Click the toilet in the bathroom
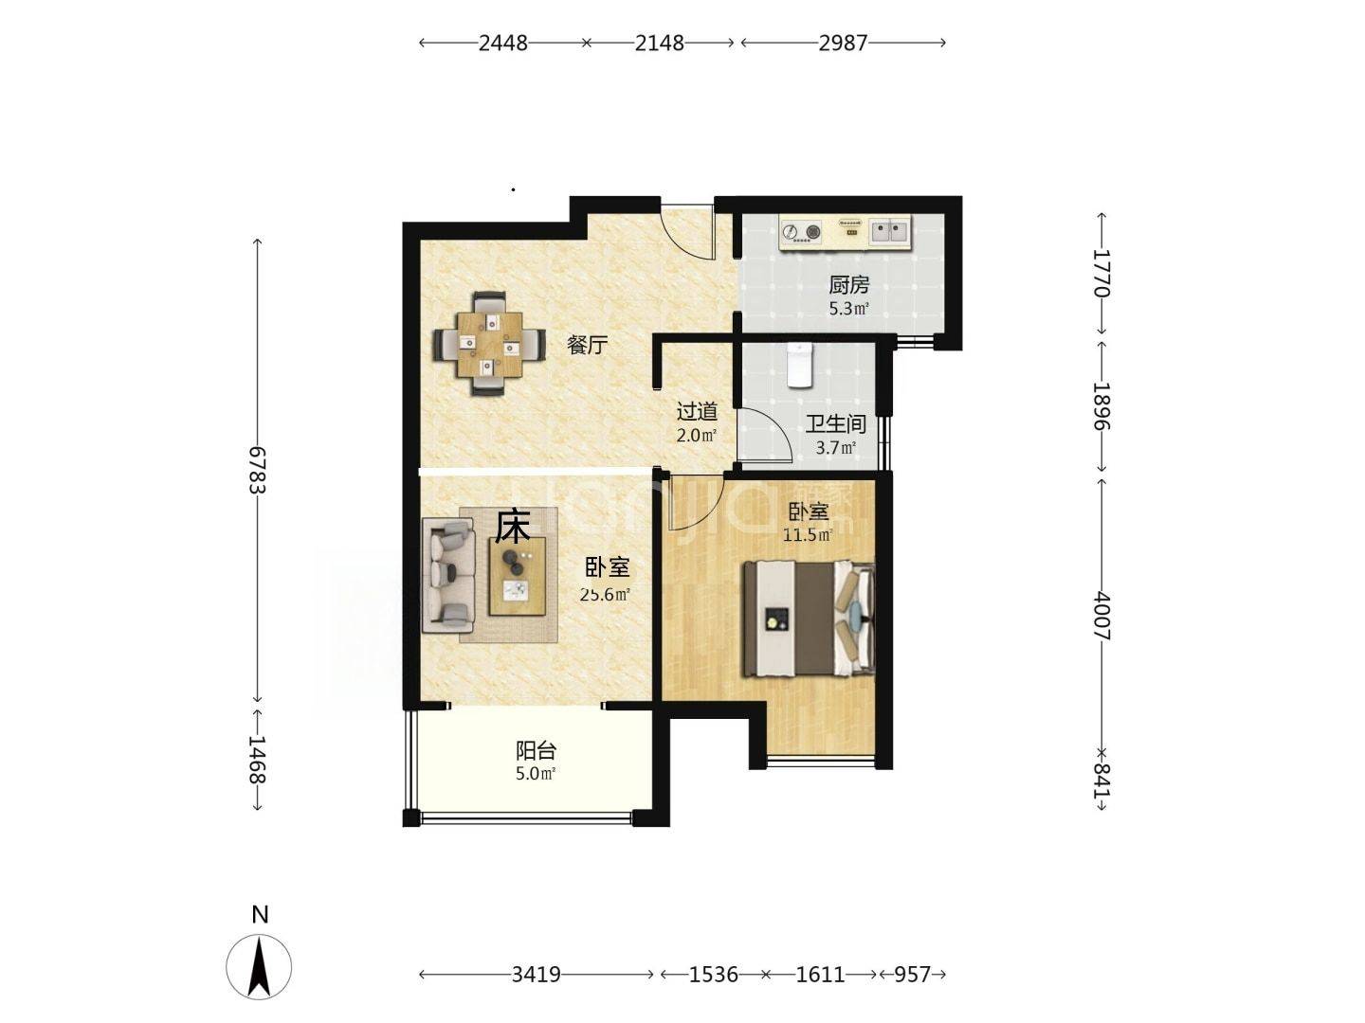pyautogui.click(x=798, y=367)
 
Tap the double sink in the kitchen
pyautogui.click(x=888, y=231)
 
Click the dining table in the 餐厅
pyautogui.click(x=489, y=344)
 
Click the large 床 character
pyautogui.click(x=513, y=526)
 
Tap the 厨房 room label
pyautogui.click(x=848, y=285)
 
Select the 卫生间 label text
pyautogui.click(x=836, y=424)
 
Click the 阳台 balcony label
pyautogui.click(x=536, y=751)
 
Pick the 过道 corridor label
pyautogui.click(x=697, y=411)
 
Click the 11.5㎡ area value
pyautogui.click(x=808, y=535)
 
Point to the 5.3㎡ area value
pyautogui.click(x=848, y=308)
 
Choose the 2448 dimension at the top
pyautogui.click(x=502, y=43)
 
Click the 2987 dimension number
pyautogui.click(x=843, y=43)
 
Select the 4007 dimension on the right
pyautogui.click(x=1101, y=615)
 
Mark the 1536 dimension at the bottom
pyautogui.click(x=713, y=975)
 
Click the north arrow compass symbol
pyautogui.click(x=259, y=967)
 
